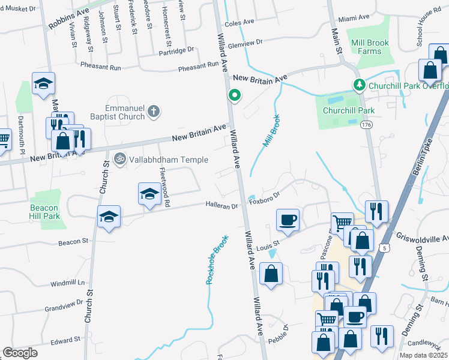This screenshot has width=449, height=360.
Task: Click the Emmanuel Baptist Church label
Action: click(125, 112)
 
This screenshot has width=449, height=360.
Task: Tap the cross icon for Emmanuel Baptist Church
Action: click(154, 111)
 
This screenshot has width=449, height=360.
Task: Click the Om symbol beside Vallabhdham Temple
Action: click(119, 159)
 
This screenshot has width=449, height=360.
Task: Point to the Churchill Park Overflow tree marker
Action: click(360, 85)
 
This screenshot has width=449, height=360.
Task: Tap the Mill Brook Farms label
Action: click(370, 47)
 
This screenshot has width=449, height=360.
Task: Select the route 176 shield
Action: click(366, 125)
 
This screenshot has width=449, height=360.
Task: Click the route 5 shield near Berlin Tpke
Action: click(382, 247)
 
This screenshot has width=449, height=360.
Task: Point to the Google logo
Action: click(20, 353)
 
